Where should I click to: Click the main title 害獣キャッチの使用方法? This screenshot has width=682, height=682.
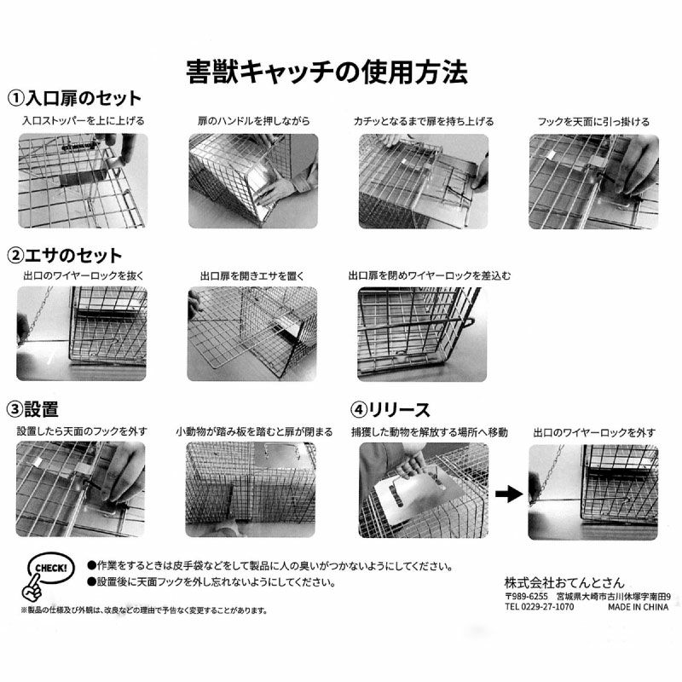click(327, 72)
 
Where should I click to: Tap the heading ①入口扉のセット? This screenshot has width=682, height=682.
click(74, 98)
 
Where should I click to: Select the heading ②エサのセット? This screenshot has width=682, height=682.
click(65, 255)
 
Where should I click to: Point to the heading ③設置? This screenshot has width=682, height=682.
click(32, 409)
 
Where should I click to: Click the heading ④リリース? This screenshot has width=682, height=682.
click(390, 409)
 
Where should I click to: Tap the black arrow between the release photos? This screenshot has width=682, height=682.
click(508, 494)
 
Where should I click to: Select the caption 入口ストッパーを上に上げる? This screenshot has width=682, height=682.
click(83, 120)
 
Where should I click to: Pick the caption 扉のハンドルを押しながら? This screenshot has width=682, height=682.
click(253, 121)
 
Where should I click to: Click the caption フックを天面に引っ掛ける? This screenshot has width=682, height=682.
click(593, 121)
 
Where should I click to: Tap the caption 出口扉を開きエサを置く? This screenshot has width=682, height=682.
click(252, 275)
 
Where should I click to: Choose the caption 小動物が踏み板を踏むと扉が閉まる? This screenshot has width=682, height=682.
click(254, 431)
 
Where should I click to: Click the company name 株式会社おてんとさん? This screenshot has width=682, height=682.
click(564, 582)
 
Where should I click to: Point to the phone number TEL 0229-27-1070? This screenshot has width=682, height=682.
click(540, 606)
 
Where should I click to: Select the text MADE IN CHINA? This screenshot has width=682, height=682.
click(638, 607)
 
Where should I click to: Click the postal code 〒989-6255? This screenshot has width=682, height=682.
click(526, 596)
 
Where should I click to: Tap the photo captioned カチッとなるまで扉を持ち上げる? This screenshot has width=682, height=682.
click(423, 182)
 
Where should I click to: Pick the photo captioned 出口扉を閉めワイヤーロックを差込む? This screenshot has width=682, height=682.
click(422, 334)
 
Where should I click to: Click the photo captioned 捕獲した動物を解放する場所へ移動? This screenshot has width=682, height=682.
click(424, 491)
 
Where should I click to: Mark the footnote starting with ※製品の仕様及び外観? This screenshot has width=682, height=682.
click(144, 610)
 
